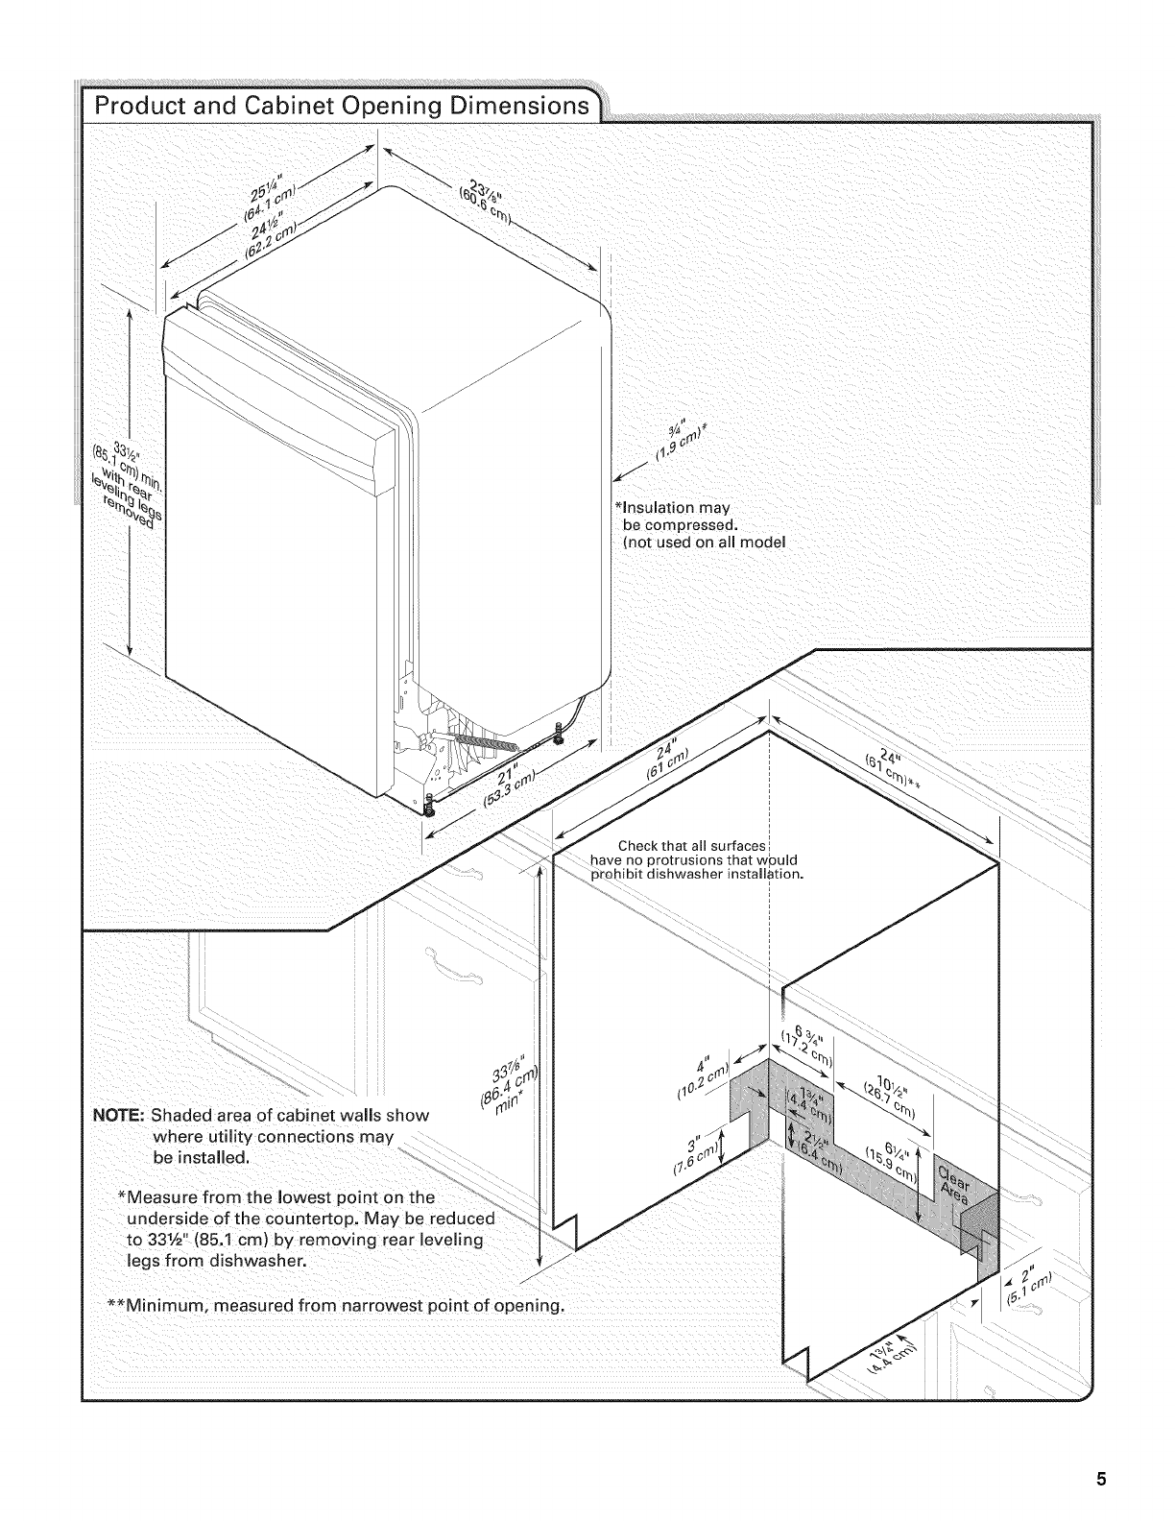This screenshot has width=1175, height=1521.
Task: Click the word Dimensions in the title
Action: (504, 103)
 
